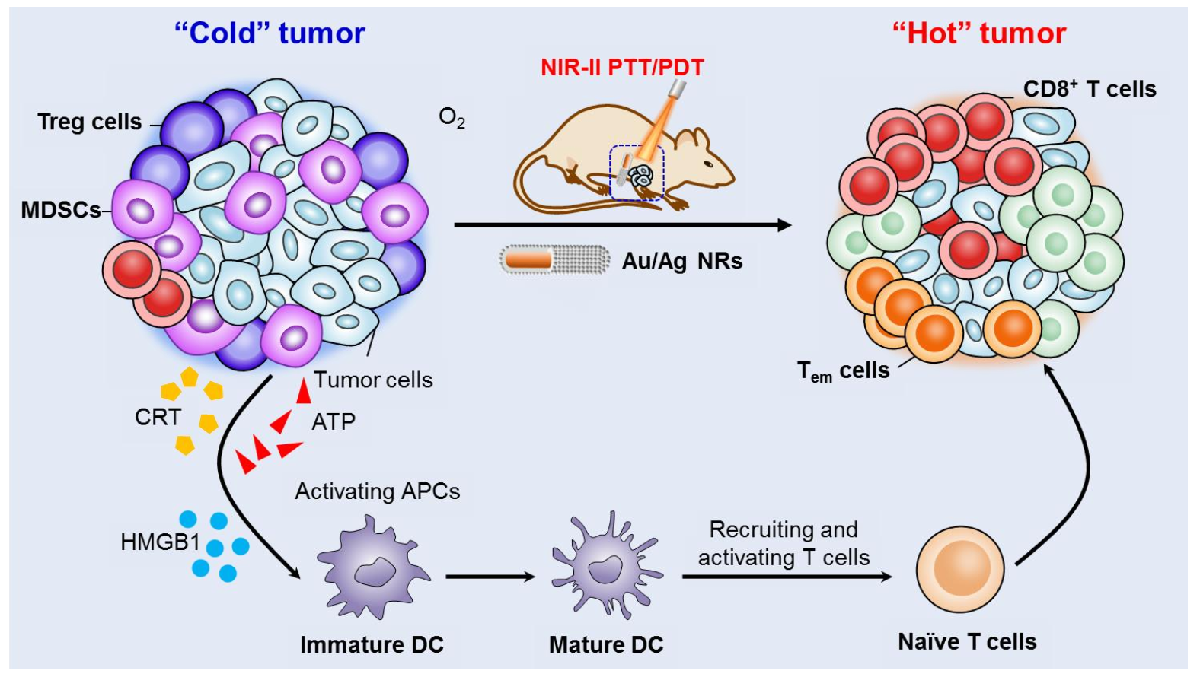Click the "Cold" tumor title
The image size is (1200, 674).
pyautogui.click(x=270, y=33)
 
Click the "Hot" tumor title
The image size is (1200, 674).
pyautogui.click(x=978, y=33)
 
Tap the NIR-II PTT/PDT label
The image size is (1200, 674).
pyautogui.click(x=622, y=67)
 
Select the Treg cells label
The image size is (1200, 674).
pyautogui.click(x=89, y=122)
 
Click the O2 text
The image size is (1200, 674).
pyautogui.click(x=452, y=117)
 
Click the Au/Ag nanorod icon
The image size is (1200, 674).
pyautogui.click(x=554, y=260)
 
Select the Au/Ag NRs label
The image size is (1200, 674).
pyautogui.click(x=681, y=261)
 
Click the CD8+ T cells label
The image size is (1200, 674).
pyautogui.click(x=1089, y=89)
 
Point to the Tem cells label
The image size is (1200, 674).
pyautogui.click(x=843, y=371)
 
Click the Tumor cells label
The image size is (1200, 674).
pyautogui.click(x=373, y=380)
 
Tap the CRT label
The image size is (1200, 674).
pyautogui.click(x=158, y=417)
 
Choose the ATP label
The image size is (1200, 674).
pyautogui.click(x=334, y=421)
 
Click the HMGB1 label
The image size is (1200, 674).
pyautogui.click(x=160, y=542)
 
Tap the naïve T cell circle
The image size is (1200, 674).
pyautogui.click(x=959, y=569)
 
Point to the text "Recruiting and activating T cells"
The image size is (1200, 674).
pyautogui.click(x=784, y=543)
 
